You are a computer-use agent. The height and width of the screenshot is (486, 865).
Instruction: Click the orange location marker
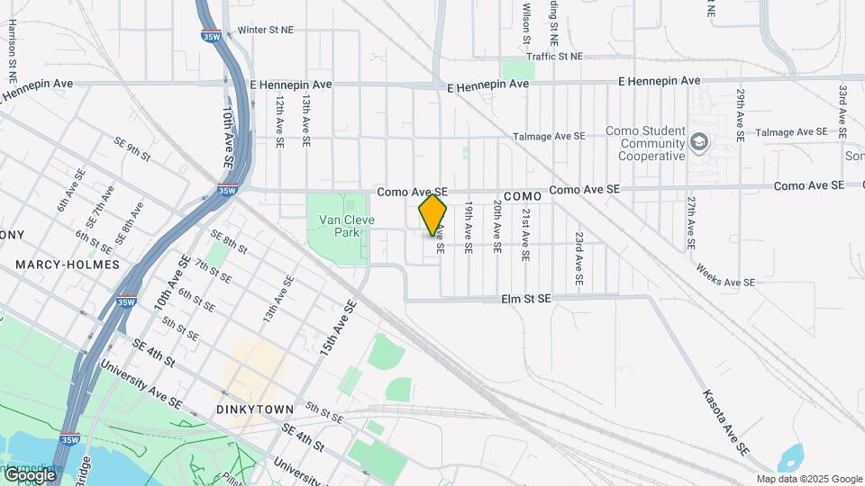433,214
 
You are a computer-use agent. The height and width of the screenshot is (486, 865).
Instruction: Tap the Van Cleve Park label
339,226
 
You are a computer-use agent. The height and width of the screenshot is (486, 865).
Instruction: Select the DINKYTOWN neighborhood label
255,409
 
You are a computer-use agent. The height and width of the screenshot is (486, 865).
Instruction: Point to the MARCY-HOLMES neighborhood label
68,265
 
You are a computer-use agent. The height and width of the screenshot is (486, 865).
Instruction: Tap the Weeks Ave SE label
725,275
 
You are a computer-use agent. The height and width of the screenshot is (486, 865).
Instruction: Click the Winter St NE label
265,30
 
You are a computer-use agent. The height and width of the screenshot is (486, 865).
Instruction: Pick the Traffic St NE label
554,56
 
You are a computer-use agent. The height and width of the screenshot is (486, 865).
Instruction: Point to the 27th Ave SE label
689,222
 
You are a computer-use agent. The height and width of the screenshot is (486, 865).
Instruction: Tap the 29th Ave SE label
740,115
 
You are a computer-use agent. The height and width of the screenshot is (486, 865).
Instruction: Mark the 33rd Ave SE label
842,112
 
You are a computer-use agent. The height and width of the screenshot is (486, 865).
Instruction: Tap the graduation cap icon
699,142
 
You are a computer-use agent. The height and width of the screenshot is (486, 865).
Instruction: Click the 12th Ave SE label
280,122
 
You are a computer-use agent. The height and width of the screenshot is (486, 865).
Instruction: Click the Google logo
29,474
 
